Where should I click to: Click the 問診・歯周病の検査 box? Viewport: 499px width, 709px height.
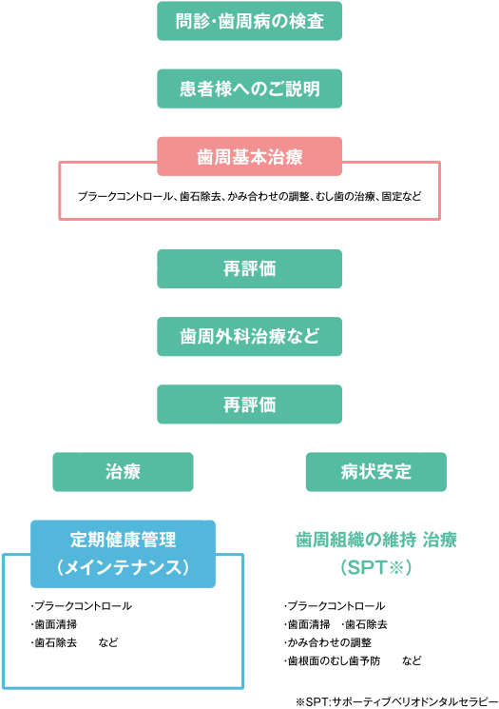[x=249, y=21]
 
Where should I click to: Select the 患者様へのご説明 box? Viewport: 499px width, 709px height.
[x=249, y=89]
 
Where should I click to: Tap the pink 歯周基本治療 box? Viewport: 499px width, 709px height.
[x=249, y=156]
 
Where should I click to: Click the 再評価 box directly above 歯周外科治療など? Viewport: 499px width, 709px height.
[x=249, y=268]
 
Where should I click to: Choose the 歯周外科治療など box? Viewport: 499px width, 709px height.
[x=249, y=336]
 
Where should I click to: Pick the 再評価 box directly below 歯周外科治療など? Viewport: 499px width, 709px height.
[x=249, y=404]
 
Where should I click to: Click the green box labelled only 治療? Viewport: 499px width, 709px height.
[x=123, y=472]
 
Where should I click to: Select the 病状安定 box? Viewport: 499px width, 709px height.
[x=376, y=472]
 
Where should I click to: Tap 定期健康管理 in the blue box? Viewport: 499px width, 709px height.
[x=123, y=540]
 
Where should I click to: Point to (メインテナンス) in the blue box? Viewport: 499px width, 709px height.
[x=123, y=567]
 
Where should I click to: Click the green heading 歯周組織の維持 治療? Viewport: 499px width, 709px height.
[x=376, y=540]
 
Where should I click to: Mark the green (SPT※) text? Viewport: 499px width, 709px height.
[x=376, y=567]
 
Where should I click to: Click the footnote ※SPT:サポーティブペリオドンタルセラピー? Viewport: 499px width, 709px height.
[x=396, y=701]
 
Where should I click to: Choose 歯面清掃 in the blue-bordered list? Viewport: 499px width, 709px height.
[x=54, y=624]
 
